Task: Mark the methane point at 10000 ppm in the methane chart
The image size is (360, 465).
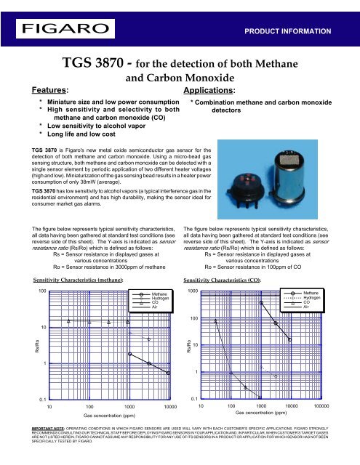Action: click(x=169, y=373)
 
